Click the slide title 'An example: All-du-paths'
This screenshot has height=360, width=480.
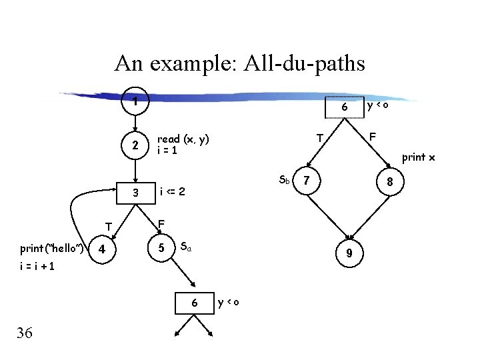[239, 63]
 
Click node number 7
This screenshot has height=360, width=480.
[306, 180]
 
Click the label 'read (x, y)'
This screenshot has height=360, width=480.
[183, 139]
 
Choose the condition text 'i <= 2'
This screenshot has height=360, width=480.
[172, 193]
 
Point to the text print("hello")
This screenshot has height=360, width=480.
[51, 249]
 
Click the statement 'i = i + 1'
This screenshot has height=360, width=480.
[37, 266]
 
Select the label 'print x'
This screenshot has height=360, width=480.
[419, 158]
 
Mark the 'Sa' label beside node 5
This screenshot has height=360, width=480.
[187, 247]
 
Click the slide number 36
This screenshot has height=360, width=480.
[24, 332]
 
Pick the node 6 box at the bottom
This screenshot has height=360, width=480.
[194, 303]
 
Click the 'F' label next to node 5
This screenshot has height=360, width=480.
[161, 223]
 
